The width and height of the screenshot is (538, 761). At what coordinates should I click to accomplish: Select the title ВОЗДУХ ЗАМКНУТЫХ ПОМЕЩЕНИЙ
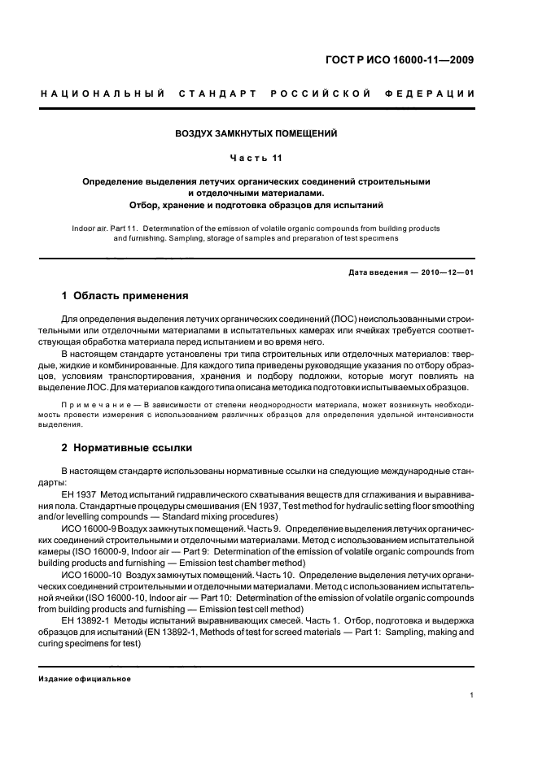[257, 133]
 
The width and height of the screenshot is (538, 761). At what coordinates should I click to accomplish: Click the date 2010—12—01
[447, 271]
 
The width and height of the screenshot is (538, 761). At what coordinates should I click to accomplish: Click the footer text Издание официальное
[85, 679]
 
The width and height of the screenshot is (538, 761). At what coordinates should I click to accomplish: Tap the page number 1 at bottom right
[472, 694]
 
